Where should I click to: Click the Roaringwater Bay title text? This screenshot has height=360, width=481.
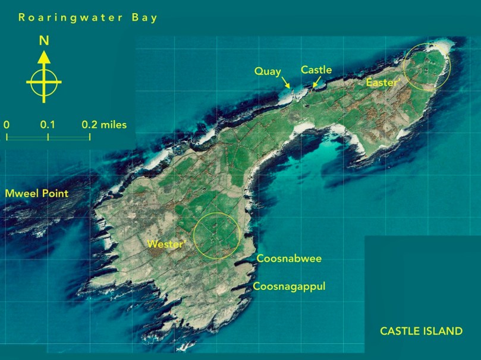click(x=88, y=17)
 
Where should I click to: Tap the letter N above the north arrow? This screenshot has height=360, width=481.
click(x=43, y=41)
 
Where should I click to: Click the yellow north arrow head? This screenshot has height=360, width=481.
click(x=43, y=57)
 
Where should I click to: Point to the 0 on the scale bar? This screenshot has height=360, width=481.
click(x=7, y=125)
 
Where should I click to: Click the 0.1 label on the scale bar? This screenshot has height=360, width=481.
click(x=48, y=125)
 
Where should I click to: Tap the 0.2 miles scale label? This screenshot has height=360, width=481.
click(x=104, y=125)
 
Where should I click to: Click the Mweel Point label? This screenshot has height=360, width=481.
click(x=36, y=194)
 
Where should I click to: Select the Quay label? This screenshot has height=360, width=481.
click(x=267, y=71)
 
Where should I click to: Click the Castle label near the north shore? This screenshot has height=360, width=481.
click(x=316, y=70)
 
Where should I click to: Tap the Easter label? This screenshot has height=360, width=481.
click(x=382, y=83)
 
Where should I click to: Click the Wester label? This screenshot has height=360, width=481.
click(x=164, y=244)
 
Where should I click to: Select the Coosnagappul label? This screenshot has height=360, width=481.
click(x=289, y=287)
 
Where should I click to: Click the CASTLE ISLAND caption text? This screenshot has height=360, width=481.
click(x=421, y=331)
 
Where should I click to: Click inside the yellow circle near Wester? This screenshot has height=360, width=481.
click(x=218, y=235)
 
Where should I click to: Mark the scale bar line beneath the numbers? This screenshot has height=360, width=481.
click(x=48, y=137)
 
